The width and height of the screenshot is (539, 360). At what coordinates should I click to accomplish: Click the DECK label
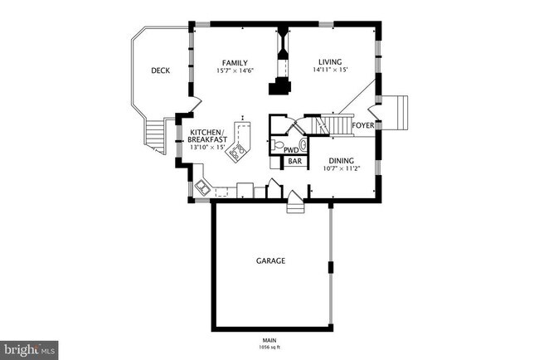point(160,71)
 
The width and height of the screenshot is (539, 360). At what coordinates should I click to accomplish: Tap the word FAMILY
point(236,63)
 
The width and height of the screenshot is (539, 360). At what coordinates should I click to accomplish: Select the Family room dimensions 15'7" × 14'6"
point(236,71)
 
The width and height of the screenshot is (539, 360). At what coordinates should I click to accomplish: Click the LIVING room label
point(330,61)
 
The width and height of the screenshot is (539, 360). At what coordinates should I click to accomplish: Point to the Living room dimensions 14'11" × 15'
point(330,71)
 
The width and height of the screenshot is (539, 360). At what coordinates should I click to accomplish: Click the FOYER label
point(362,126)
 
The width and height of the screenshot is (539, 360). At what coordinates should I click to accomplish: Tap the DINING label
point(341,161)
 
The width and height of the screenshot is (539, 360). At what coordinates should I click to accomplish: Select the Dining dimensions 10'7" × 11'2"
point(341,169)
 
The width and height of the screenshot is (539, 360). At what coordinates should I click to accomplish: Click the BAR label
point(294,162)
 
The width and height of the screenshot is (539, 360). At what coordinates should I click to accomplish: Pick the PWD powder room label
point(291,150)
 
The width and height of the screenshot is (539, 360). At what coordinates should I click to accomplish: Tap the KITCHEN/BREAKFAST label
point(208,136)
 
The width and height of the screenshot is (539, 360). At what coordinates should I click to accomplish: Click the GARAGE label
point(270,260)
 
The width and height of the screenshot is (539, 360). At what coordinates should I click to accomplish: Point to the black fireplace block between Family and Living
point(284,87)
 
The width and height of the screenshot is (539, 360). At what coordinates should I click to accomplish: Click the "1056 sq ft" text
point(269,347)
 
